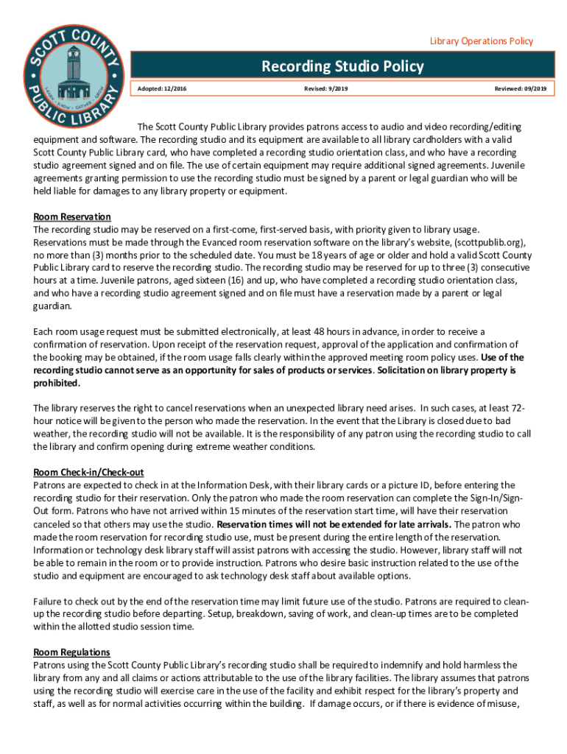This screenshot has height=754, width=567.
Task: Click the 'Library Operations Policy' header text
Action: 482,41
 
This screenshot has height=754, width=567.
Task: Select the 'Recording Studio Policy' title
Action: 342,67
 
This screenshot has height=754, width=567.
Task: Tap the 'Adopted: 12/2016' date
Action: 162,89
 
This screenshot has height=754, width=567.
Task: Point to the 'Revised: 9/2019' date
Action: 326,89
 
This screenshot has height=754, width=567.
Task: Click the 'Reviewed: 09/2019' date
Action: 520,89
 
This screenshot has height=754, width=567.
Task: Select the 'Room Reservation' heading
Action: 72,217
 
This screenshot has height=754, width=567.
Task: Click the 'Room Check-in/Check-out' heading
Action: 88,472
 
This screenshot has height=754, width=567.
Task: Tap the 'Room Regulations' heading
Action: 71,652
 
